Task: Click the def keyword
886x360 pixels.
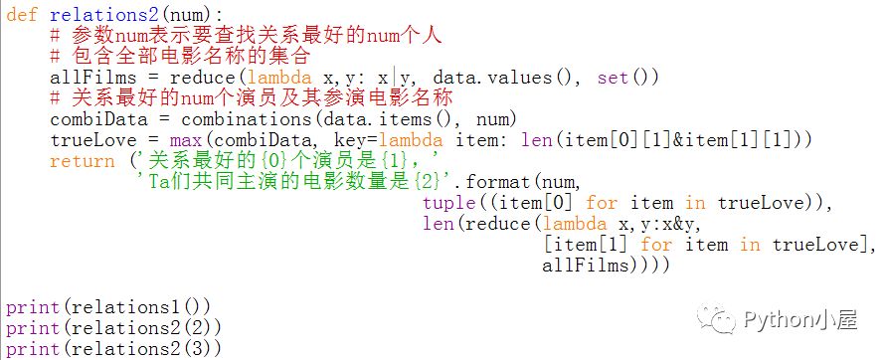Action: pos(22,14)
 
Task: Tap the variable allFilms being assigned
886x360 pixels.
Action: pos(93,77)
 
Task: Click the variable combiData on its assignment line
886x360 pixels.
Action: pos(98,119)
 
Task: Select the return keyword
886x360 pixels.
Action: pos(83,161)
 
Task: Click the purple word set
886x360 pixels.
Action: pos(614,77)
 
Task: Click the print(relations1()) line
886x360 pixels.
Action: pos(108,307)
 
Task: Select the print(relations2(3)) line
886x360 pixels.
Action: pos(113,349)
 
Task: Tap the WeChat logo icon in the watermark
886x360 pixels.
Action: pos(716,319)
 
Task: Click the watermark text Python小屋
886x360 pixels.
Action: pos(800,320)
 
